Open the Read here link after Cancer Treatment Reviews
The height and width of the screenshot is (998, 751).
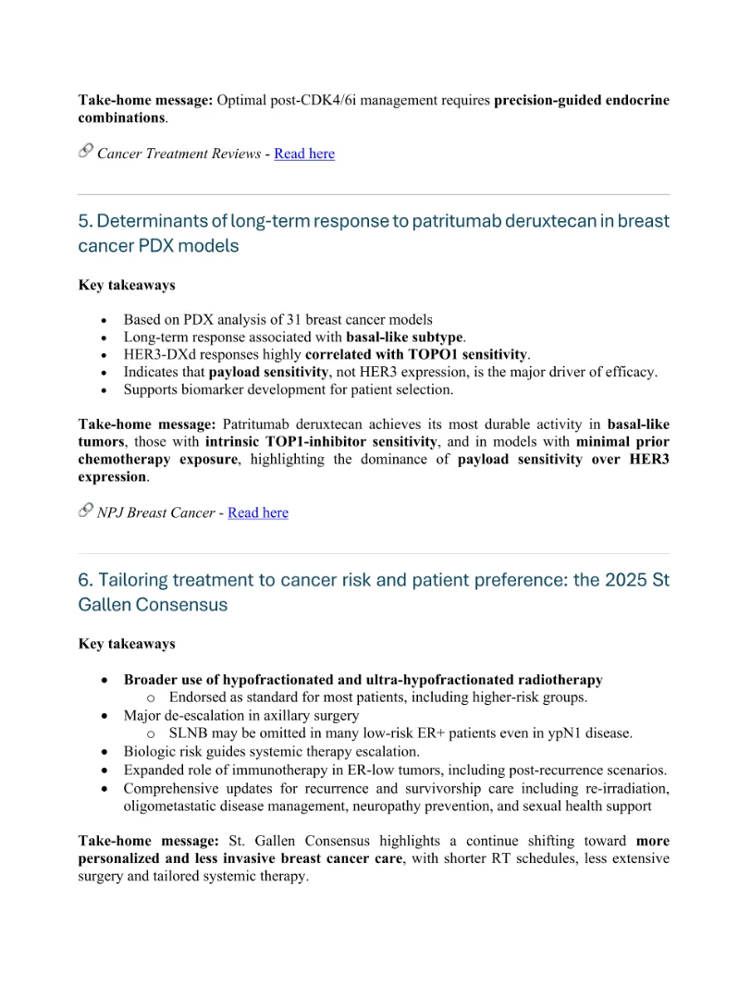point(303,154)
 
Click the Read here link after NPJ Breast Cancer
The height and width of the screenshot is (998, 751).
point(257,512)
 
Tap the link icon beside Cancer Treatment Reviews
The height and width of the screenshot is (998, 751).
point(86,152)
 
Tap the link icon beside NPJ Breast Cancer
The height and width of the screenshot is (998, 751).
point(86,511)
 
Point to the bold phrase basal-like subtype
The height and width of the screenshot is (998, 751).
point(405,337)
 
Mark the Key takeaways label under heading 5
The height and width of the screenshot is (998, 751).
point(127,285)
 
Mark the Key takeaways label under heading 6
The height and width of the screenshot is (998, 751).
point(127,644)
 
